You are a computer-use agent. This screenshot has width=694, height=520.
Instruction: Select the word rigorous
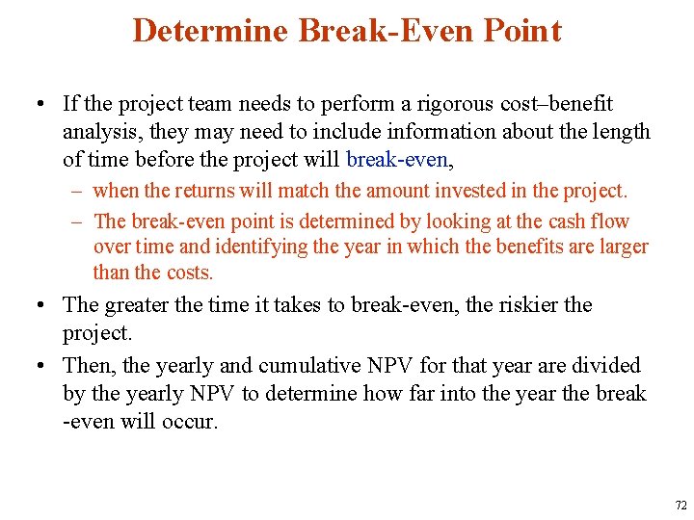click(x=439, y=104)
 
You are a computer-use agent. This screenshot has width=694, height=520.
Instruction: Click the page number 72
click(x=681, y=506)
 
